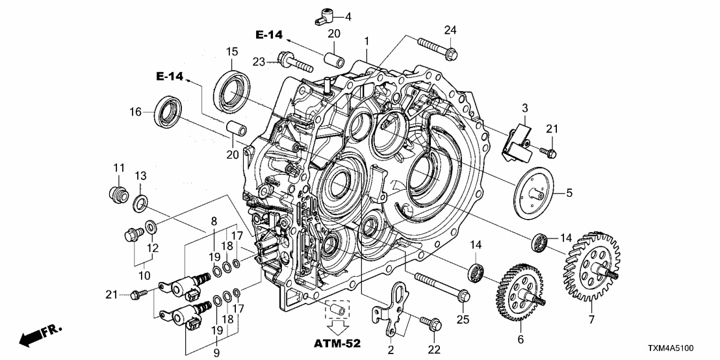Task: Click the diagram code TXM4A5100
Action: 684,348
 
